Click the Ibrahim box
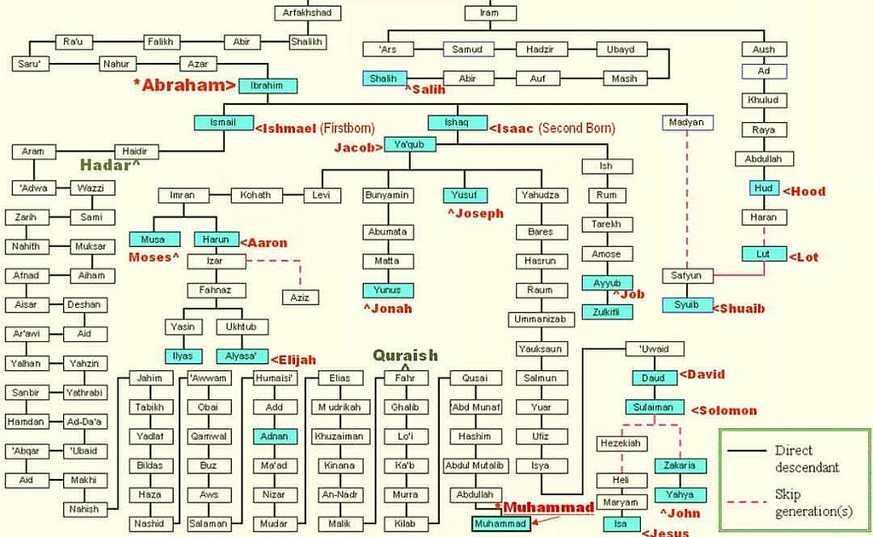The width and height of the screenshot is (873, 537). tap(268, 85)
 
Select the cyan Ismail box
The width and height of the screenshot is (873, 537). tap(223, 122)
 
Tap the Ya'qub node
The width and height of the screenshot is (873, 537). tap(410, 145)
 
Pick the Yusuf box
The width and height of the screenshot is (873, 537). tap(465, 195)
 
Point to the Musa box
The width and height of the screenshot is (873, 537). tap(154, 240)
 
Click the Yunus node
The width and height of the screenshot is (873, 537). tap(388, 290)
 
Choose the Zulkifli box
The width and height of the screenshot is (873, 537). tap(607, 312)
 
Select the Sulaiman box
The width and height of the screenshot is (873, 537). tap(654, 407)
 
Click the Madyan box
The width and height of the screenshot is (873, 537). tap(687, 122)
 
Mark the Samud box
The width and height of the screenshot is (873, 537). tap(467, 49)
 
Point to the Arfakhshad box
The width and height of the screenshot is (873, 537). tap(308, 13)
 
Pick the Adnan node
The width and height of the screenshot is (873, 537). tap(275, 436)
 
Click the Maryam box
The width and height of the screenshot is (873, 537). tap(616, 502)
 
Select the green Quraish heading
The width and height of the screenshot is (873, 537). tap(405, 355)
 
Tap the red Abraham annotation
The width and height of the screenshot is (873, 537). tap(184, 84)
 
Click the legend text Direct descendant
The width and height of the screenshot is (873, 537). tap(806, 459)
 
